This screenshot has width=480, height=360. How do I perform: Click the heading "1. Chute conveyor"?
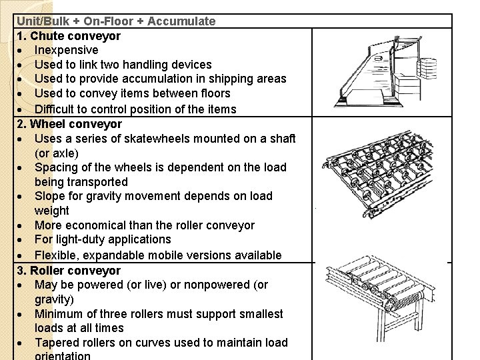pyautogui.click(x=69, y=35)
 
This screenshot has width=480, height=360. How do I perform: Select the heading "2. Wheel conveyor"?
pyautogui.click(x=69, y=123)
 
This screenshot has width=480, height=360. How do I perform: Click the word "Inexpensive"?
pyautogui.click(x=66, y=50)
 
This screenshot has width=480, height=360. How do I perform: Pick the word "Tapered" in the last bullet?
pyautogui.click(x=57, y=343)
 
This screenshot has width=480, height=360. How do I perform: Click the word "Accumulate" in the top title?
pyautogui.click(x=181, y=21)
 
